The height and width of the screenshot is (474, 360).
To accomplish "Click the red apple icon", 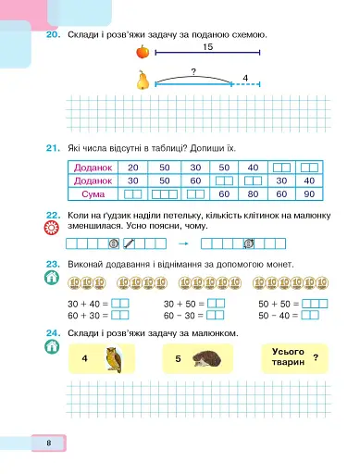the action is coord(143,52).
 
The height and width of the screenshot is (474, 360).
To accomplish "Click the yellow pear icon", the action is coord(143,80).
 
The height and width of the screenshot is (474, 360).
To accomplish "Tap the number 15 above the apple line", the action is coord(207,47).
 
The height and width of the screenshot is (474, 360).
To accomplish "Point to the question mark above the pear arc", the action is coord(193,72).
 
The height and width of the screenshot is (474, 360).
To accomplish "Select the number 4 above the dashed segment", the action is coord(245,78).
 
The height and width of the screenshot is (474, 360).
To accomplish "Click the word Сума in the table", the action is coord(93,194).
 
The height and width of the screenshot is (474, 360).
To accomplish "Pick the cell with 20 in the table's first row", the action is coord(133,168).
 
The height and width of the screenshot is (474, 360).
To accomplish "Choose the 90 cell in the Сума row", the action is coord(309,194).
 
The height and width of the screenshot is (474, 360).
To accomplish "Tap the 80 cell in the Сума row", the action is coord(253,194).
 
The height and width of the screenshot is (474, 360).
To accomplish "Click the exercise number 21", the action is coord(53,148).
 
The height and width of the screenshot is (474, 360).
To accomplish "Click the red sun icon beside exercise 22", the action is coord(52,228).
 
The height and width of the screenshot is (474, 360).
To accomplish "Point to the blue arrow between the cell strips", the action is coord(183,243).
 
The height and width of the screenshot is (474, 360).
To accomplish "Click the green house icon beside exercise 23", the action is coord(52,278).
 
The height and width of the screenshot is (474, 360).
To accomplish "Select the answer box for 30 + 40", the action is coord(119,304).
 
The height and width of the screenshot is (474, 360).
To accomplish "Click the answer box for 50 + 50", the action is coord(315,304).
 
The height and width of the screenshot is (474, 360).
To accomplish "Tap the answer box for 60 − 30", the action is coord(215,315).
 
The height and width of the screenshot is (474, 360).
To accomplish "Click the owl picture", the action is coord(114,359).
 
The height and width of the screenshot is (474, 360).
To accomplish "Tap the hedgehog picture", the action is coord(206,359).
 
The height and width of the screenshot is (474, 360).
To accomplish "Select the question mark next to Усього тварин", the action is coord(316,357).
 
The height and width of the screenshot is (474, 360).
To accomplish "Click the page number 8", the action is coord(49,443).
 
